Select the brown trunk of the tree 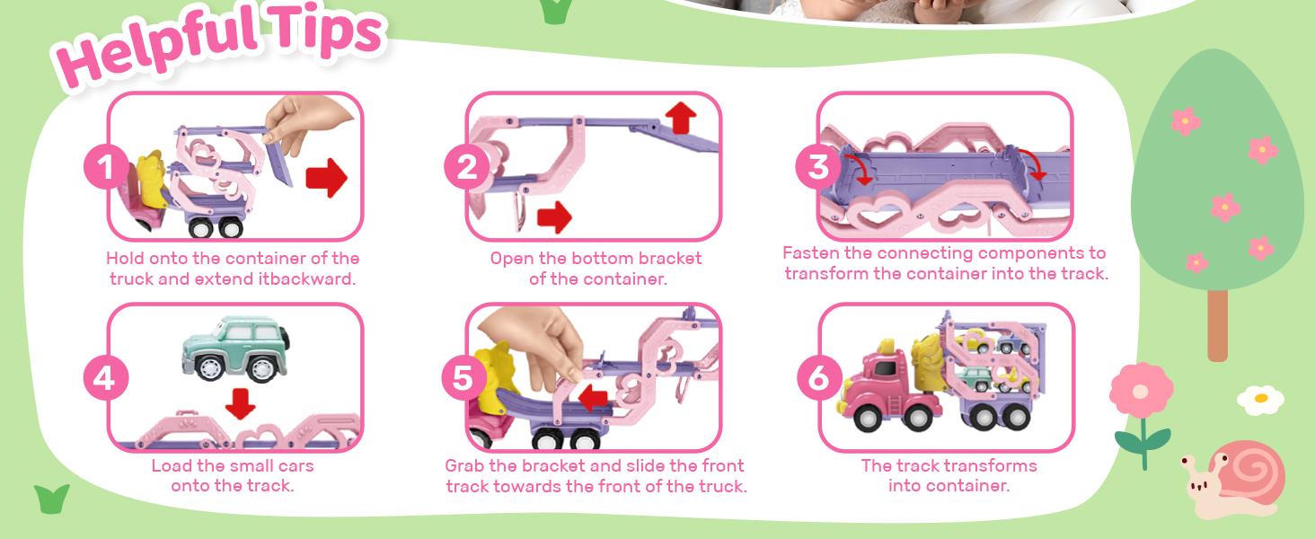click(x=1217, y=323)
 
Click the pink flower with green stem click(x=1141, y=392)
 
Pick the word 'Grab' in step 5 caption click(x=466, y=465)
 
